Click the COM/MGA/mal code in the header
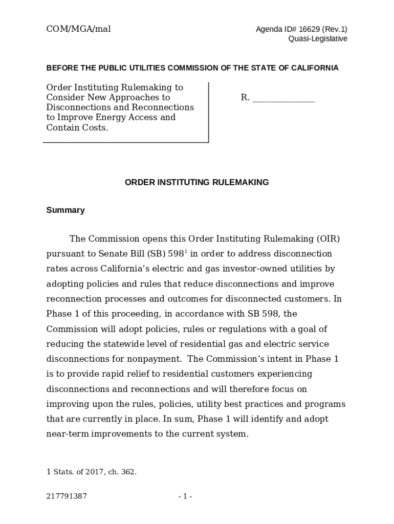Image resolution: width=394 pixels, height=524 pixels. pyautogui.click(x=78, y=29)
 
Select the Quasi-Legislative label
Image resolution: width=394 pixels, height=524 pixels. pyautogui.click(x=318, y=39)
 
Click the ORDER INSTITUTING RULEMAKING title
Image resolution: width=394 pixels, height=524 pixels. pyautogui.click(x=197, y=182)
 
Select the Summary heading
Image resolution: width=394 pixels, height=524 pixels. pyautogui.click(x=65, y=210)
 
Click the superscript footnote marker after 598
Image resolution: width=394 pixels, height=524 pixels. pyautogui.click(x=187, y=251)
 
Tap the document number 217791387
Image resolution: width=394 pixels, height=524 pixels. pyautogui.click(x=67, y=496)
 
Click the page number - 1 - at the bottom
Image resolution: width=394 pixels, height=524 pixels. pyautogui.click(x=185, y=496)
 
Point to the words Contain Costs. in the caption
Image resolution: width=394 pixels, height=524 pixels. pyautogui.click(x=77, y=127)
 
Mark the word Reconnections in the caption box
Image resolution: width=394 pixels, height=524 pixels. pyautogui.click(x=163, y=107)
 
